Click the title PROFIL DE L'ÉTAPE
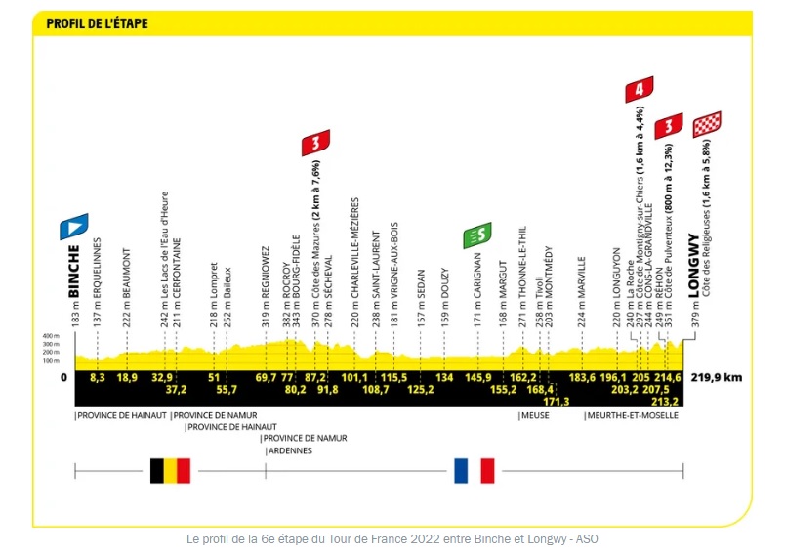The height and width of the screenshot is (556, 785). (x=97, y=22)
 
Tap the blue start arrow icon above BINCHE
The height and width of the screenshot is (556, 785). (x=74, y=227)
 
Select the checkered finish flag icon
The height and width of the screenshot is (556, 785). (x=707, y=124)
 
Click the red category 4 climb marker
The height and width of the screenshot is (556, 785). (x=639, y=90)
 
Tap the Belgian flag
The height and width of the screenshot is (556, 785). (x=170, y=470)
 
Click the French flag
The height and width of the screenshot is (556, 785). (x=475, y=470)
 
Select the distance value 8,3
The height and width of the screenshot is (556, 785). (x=97, y=377)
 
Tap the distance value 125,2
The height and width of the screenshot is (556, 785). (x=421, y=390)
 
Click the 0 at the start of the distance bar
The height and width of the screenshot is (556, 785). (x=63, y=377)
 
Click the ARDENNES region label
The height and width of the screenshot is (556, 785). (x=286, y=450)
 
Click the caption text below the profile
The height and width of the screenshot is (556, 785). (x=392, y=538)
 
